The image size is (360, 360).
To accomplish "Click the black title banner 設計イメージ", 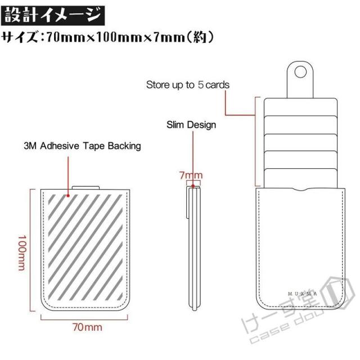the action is [x=53, y=16].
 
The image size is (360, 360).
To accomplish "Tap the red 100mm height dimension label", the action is [x=22, y=253].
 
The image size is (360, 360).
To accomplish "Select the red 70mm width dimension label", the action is [x=87, y=327].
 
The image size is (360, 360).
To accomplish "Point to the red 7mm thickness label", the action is [x=191, y=175].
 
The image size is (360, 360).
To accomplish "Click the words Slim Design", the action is [x=191, y=125].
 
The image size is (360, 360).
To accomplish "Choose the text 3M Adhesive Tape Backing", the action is [x=82, y=146].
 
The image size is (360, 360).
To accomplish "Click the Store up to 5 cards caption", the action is [x=188, y=85].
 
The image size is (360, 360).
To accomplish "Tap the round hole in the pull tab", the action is [x=300, y=72].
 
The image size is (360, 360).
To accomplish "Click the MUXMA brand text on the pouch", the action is [x=303, y=294].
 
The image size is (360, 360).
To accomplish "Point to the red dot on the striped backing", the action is [x=68, y=196].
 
